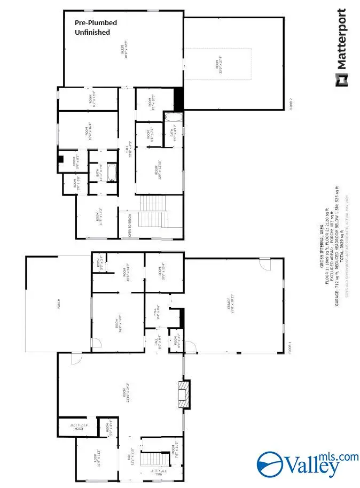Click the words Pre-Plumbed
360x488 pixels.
click(x=96, y=23)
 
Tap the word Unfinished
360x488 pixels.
click(x=92, y=32)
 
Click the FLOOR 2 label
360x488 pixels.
click(x=291, y=103)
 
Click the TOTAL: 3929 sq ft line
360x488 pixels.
click(x=335, y=219)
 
